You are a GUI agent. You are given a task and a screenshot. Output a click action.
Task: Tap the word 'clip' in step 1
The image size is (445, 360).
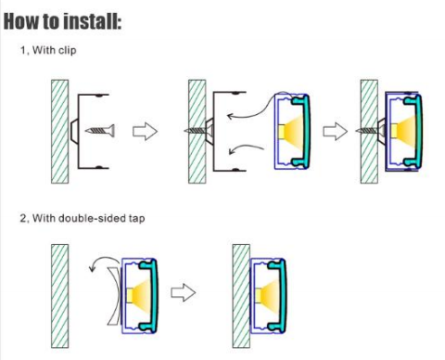point(68,50)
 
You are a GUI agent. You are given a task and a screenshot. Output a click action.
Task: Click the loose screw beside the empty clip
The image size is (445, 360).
point(100,131)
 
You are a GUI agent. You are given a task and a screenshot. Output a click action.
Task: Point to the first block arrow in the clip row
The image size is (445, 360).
point(145,132)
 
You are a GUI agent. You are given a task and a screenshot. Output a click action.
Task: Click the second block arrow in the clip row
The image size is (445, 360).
point(335,132)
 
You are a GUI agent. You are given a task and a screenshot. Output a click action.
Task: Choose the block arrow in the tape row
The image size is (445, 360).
point(184,292)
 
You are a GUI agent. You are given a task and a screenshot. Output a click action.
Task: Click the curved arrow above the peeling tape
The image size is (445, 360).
point(102,259)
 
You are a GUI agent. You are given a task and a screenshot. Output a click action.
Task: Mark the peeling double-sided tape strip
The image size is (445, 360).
point(115,295)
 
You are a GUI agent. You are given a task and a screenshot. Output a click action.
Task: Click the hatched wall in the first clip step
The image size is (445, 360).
point(60,132)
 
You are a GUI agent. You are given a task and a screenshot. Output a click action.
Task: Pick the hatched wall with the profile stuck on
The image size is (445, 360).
point(241,296)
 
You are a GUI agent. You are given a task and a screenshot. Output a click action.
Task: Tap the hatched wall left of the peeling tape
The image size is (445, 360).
point(60,296)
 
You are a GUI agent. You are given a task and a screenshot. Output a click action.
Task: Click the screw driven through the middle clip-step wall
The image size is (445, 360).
point(197,131)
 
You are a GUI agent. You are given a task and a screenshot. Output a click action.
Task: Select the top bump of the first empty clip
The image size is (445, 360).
point(99,96)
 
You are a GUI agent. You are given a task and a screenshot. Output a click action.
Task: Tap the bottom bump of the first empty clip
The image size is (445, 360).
point(99,167)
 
